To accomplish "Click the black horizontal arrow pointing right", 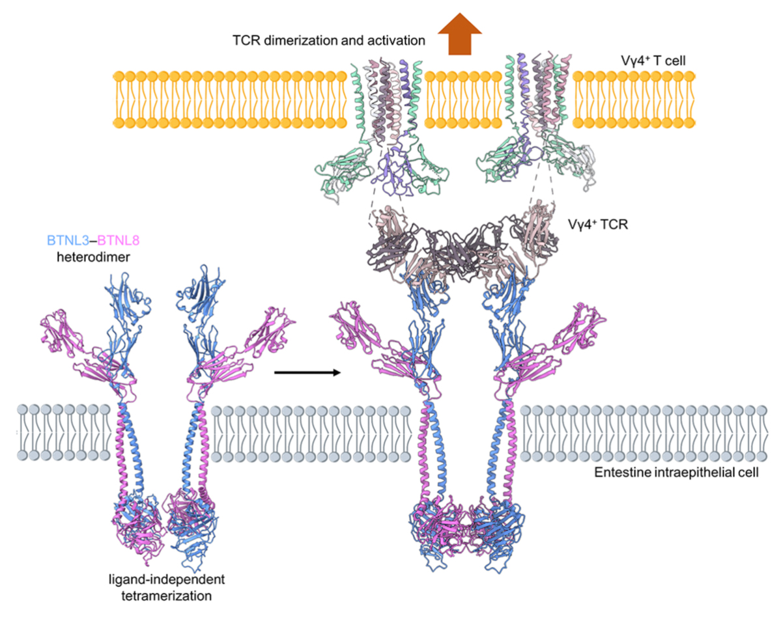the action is coord(307,372).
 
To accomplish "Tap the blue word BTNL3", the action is coord(68,241).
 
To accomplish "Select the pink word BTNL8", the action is coord(119,241).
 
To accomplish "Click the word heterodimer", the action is coord(93,257).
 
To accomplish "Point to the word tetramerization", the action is coord(166,596).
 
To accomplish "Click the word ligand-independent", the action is coord(166,579).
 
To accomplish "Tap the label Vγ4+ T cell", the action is coord(653,61).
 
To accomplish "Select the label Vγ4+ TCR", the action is coord(598,225).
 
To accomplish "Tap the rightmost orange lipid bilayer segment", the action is coord(634,100).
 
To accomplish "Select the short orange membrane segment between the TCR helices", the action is coord(462,100).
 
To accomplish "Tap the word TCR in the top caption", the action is coord(247,40).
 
